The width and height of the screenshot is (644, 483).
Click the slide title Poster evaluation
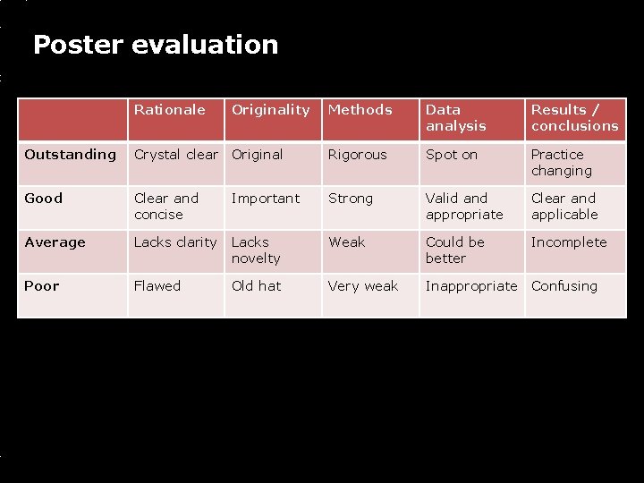coord(156,45)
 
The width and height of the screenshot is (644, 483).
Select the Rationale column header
coord(169,110)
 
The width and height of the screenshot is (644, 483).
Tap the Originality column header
coord(270,110)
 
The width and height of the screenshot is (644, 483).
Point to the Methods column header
coord(360,110)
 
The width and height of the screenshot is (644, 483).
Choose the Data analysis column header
coord(455,118)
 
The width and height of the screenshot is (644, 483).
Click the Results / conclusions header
coord(574,118)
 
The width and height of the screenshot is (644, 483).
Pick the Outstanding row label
coord(70,155)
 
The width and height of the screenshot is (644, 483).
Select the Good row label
coord(43,199)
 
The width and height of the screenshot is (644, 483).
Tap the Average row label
coord(55,242)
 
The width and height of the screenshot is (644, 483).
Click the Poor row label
coord(42,286)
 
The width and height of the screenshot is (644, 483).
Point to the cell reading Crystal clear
coord(175,155)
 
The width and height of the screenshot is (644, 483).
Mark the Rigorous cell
coord(357,155)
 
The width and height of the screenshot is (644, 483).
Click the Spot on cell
coord(451,155)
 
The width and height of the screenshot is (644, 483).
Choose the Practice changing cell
coord(561,163)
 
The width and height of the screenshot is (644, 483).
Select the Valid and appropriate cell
coord(464,207)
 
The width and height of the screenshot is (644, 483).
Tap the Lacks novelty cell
coord(256,250)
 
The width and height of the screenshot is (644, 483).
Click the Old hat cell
coord(256,286)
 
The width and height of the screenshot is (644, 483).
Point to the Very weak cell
coord(363,286)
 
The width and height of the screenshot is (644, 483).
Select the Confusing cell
coord(563,286)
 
